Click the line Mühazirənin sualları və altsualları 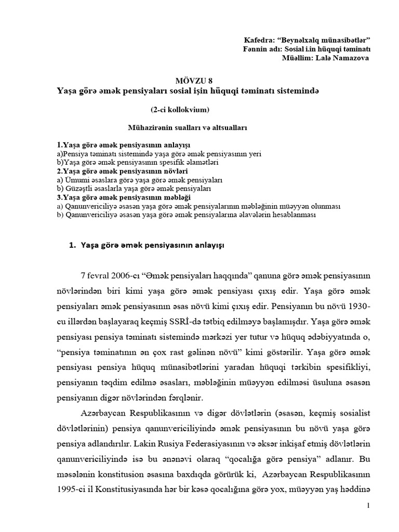(x=180, y=126)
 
